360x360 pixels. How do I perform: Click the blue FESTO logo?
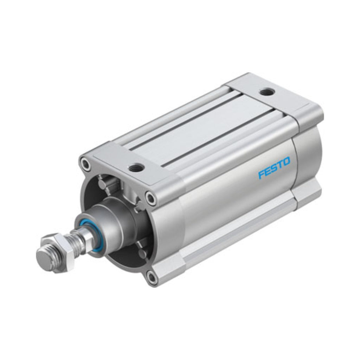274,167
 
